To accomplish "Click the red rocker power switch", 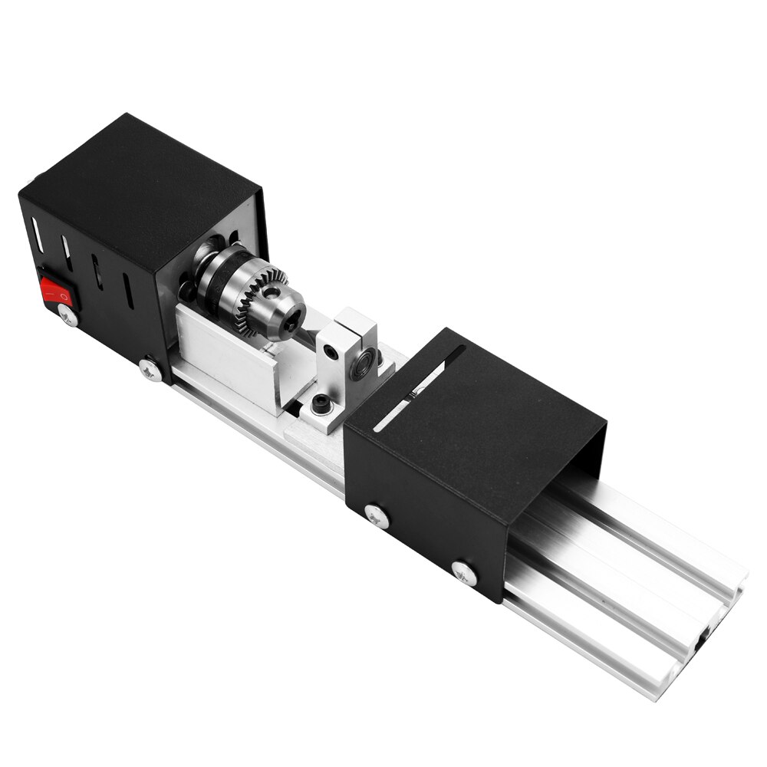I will coord(55,290).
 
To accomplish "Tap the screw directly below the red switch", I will coord(68,314).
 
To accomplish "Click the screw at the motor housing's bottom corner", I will coord(150,370).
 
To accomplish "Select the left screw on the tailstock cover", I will coord(377,516).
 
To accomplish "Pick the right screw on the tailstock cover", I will coord(464,572).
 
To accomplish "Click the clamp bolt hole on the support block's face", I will coord(331,351).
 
